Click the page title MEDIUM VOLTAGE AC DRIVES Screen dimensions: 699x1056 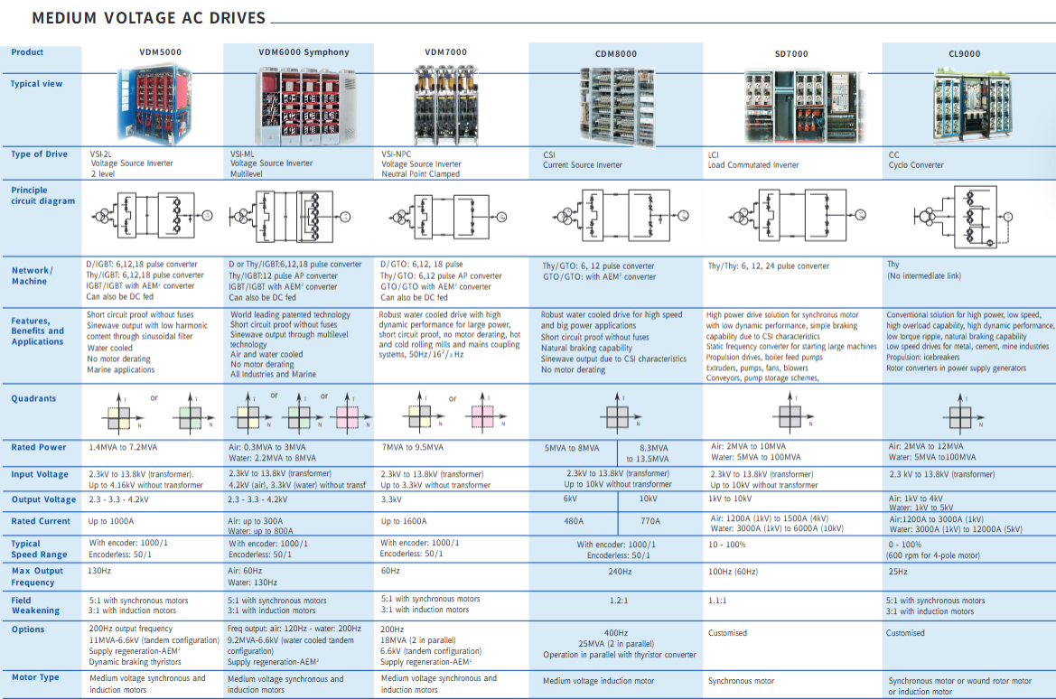click(x=149, y=18)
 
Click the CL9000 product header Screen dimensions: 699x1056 click(x=964, y=54)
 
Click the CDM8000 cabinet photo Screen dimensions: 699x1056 click(x=614, y=106)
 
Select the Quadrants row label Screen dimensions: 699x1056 click(x=33, y=398)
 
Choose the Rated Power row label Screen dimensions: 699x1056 click(x=39, y=447)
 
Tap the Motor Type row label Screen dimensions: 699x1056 click(x=36, y=676)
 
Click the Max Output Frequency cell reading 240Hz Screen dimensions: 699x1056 click(x=620, y=572)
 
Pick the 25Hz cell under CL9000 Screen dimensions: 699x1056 click(x=898, y=572)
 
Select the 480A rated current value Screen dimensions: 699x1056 click(x=574, y=521)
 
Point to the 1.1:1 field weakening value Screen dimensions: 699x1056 click(x=718, y=600)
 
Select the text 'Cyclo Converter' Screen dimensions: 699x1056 click(x=916, y=165)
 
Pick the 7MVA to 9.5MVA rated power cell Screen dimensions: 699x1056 click(x=412, y=447)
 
